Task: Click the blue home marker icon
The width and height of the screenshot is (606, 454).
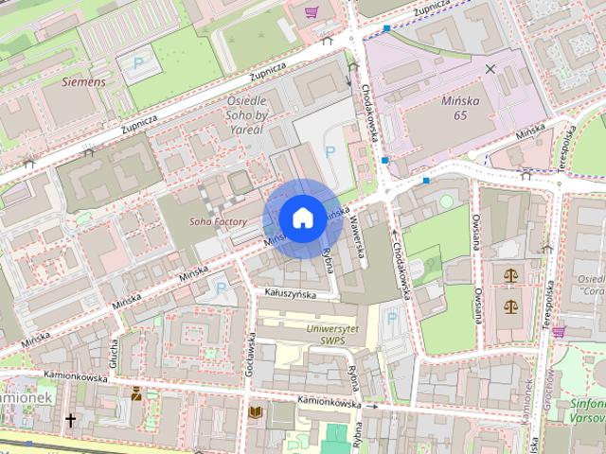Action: pyautogui.click(x=301, y=218)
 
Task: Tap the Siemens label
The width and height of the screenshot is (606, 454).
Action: pyautogui.click(x=83, y=82)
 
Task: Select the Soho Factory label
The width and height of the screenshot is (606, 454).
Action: pyautogui.click(x=218, y=222)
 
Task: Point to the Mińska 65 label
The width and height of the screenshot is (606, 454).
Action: pyautogui.click(x=447, y=107)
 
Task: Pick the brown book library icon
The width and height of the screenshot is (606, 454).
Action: pyautogui.click(x=255, y=412)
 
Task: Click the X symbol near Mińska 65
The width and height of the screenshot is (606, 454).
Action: pyautogui.click(x=490, y=69)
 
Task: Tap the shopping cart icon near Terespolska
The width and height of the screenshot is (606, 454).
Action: pyautogui.click(x=559, y=330)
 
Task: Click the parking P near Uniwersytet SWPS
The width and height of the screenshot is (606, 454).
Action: pyautogui.click(x=391, y=319)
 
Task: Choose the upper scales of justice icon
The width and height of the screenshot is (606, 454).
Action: pyautogui.click(x=512, y=276)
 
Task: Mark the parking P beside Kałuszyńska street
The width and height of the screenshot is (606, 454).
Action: pyautogui.click(x=222, y=288)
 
